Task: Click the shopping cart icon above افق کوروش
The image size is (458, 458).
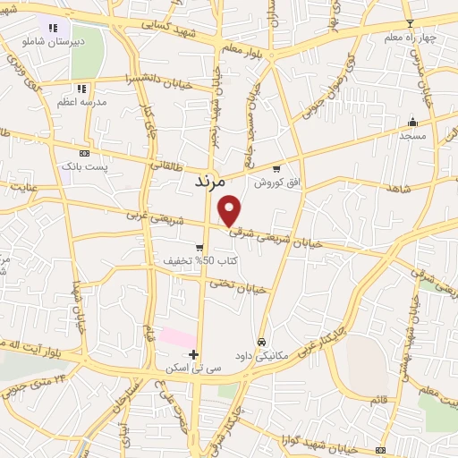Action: (276, 169)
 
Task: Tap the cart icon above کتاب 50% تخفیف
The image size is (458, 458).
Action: (200, 248)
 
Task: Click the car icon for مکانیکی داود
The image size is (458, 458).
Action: (260, 342)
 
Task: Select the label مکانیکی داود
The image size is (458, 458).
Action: (259, 355)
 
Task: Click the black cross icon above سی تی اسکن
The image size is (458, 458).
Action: (194, 354)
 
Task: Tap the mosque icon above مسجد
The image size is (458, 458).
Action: (412, 122)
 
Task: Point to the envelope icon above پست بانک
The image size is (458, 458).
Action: (84, 153)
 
